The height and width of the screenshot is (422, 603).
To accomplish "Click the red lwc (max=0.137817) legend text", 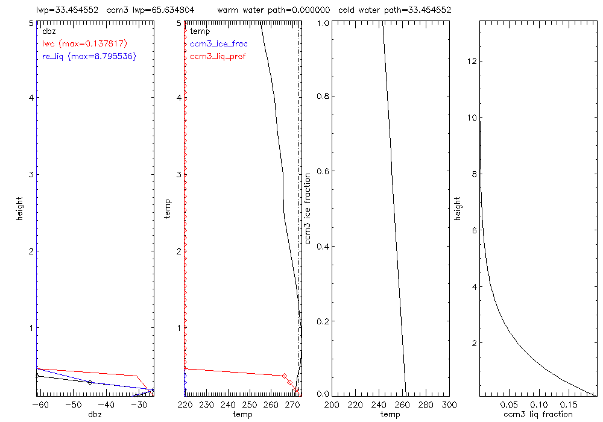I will (84, 43).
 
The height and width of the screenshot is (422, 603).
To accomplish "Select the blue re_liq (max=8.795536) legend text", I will (89, 57).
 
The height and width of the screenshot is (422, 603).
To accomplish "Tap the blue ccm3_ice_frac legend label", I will (218, 43).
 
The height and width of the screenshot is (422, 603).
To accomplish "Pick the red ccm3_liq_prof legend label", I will (218, 57).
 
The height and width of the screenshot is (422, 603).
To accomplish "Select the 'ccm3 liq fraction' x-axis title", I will (538, 414).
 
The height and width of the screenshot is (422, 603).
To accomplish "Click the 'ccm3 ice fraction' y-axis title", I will (308, 208).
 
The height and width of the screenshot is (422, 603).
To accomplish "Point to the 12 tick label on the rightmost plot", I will (472, 61).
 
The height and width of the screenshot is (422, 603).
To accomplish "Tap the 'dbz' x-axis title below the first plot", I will (94, 414).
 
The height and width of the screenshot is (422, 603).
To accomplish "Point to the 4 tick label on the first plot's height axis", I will (30, 98).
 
